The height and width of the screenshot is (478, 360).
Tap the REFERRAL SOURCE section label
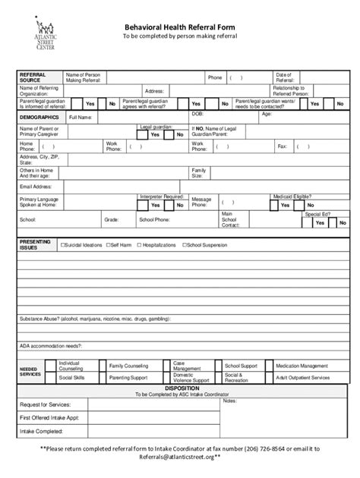click(x=31, y=77)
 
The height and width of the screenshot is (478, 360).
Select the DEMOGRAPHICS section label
click(x=39, y=118)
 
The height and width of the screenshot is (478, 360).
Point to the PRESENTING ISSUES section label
click(x=34, y=244)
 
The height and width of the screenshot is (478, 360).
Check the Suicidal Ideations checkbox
click(x=63, y=245)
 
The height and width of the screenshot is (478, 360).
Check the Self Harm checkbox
click(x=108, y=245)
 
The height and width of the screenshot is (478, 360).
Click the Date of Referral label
click(x=285, y=77)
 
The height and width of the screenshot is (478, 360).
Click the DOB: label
click(x=197, y=113)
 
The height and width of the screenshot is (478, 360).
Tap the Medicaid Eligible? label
click(x=292, y=197)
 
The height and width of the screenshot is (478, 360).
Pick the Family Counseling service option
click(x=128, y=365)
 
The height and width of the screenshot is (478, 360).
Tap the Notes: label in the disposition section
click(x=229, y=401)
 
